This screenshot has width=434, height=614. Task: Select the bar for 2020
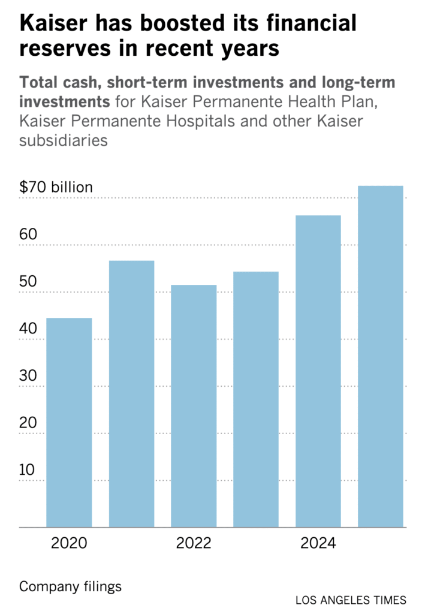tap(69, 423)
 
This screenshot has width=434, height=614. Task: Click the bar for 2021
tap(131, 394)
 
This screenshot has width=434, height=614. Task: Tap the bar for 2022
tap(194, 406)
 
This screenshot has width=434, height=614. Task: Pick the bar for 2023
tap(256, 399)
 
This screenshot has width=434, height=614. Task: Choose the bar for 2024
tap(318, 371)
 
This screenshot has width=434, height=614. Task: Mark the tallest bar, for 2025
tap(381, 357)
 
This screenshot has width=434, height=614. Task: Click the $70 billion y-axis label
tap(56, 187)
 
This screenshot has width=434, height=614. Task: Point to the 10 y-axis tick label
tap(28, 469)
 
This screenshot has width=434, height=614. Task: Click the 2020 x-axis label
tap(69, 544)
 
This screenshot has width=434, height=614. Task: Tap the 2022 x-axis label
tap(194, 544)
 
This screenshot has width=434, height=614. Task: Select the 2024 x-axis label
tap(318, 544)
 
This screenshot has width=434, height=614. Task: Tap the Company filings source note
tap(70, 586)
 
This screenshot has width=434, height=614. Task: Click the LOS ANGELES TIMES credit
tap(351, 600)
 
